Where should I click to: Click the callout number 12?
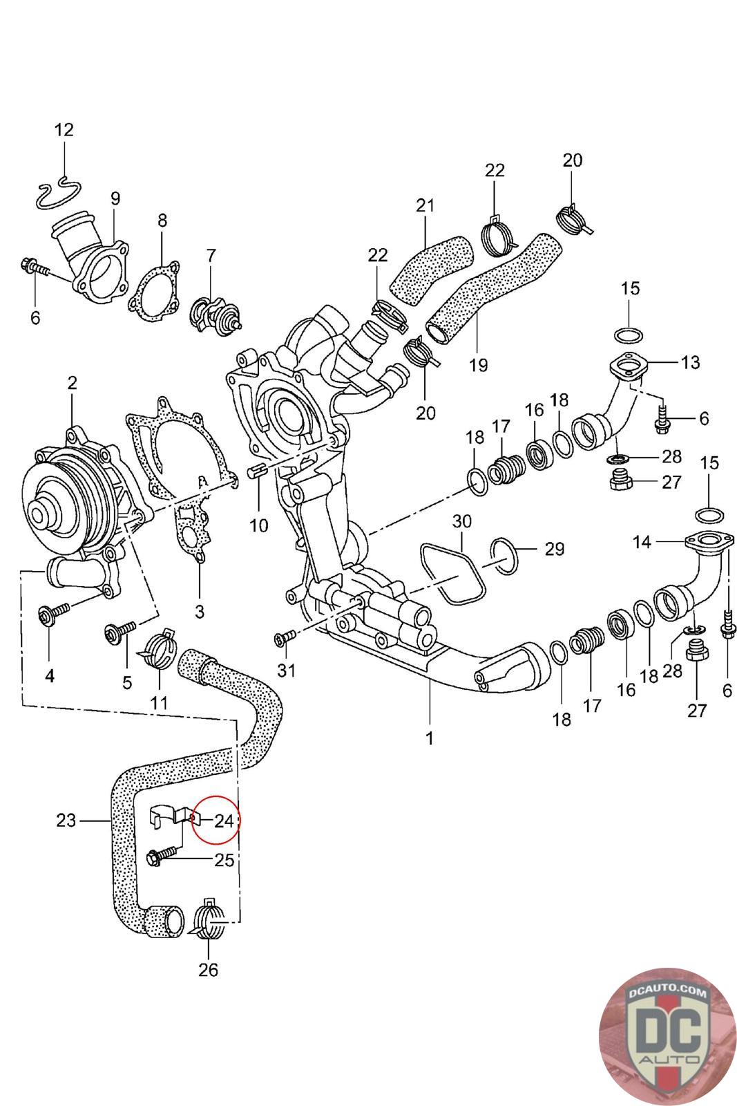coord(64,130)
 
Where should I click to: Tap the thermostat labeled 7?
coord(216,314)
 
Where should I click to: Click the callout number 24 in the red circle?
coord(224,821)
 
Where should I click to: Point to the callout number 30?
coord(461,521)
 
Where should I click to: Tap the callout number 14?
coord(642,542)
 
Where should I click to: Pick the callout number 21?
coord(425,205)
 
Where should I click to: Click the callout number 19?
coord(477,366)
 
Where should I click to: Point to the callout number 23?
coord(66,821)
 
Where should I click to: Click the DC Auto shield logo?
coord(667,1035)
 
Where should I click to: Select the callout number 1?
coord(430,738)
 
